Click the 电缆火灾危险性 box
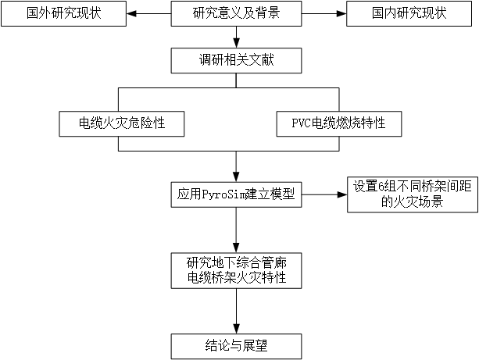121,123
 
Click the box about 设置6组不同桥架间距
403,193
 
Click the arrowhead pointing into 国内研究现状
341,14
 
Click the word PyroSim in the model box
224,194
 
